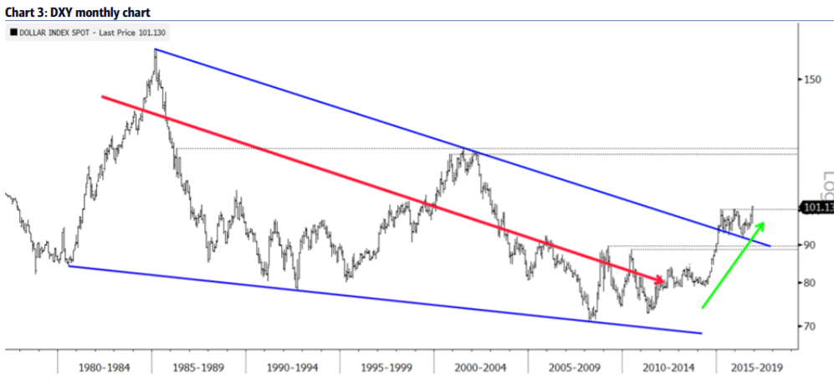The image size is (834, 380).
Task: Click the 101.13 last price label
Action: pos(816,208)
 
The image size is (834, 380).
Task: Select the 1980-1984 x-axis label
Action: pos(105,366)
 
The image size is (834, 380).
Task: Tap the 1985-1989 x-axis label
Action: pos(199,366)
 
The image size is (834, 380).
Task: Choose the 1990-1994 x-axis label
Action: pos(293,366)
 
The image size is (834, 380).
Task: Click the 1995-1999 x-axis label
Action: pos(387,366)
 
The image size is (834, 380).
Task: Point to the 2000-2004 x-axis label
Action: pos(481,366)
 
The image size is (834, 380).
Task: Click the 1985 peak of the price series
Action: pos(156,50)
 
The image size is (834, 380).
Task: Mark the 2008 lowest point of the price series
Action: pos(591,320)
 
